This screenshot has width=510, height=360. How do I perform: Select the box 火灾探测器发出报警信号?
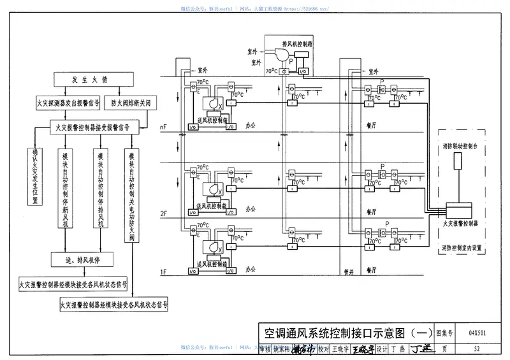click(x=68, y=103)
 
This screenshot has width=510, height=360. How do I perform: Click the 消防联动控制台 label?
click(x=460, y=146)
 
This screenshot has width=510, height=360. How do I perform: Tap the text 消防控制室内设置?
click(x=460, y=245)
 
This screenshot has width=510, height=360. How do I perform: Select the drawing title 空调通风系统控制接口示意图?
click(x=339, y=333)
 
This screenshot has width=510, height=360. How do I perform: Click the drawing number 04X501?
click(x=477, y=333)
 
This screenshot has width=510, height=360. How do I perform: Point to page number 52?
click(x=477, y=349)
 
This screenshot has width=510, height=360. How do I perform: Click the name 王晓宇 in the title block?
click(x=342, y=349)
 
